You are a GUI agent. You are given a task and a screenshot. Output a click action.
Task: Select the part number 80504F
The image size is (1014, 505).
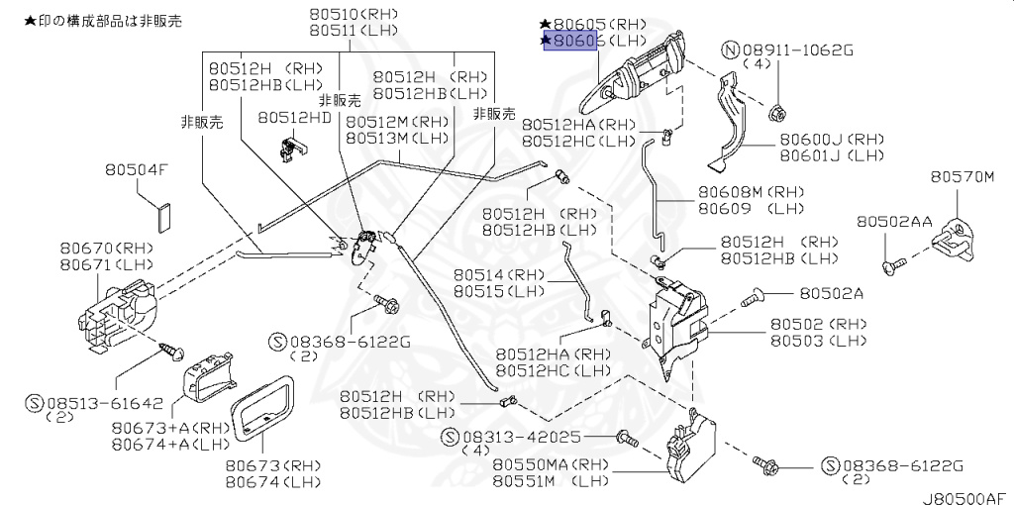pyautogui.click(x=137, y=170)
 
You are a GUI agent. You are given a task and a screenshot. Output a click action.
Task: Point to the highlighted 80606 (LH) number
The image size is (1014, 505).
pyautogui.click(x=573, y=41)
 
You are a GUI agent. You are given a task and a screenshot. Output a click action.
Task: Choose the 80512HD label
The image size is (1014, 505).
pyautogui.click(x=294, y=117)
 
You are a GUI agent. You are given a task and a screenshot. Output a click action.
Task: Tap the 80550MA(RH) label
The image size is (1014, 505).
pyautogui.click(x=541, y=463)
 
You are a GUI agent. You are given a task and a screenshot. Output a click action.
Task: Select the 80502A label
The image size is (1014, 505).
pyautogui.click(x=831, y=293)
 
